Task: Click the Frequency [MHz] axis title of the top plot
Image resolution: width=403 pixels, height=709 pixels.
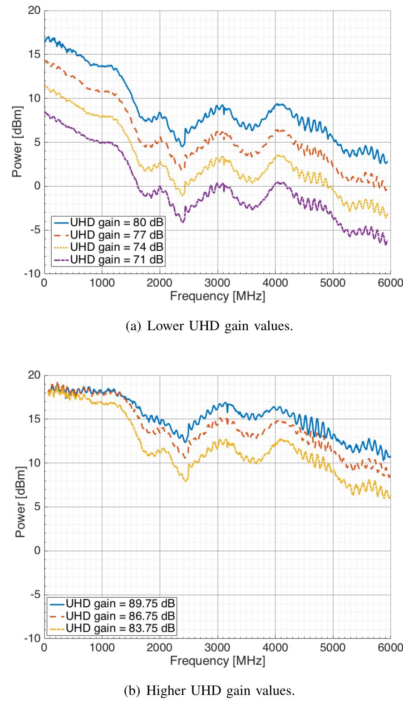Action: [217, 297]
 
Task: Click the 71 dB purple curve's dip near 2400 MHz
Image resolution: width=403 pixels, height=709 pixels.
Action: [183, 222]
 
